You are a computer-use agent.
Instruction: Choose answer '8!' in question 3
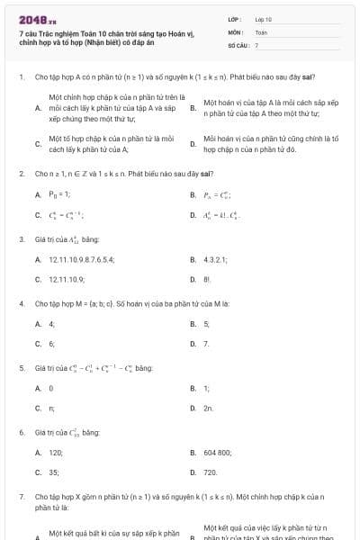coord(207,279)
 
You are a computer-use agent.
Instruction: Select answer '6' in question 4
coord(51,343)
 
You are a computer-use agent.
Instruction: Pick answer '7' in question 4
coord(206,343)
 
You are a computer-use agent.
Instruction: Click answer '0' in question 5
coord(51,388)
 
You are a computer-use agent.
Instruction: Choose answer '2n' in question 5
coord(208,408)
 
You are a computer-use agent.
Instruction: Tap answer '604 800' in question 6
coord(218,453)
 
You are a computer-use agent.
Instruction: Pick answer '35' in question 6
coord(53,472)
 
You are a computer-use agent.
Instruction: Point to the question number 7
coord(21,496)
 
